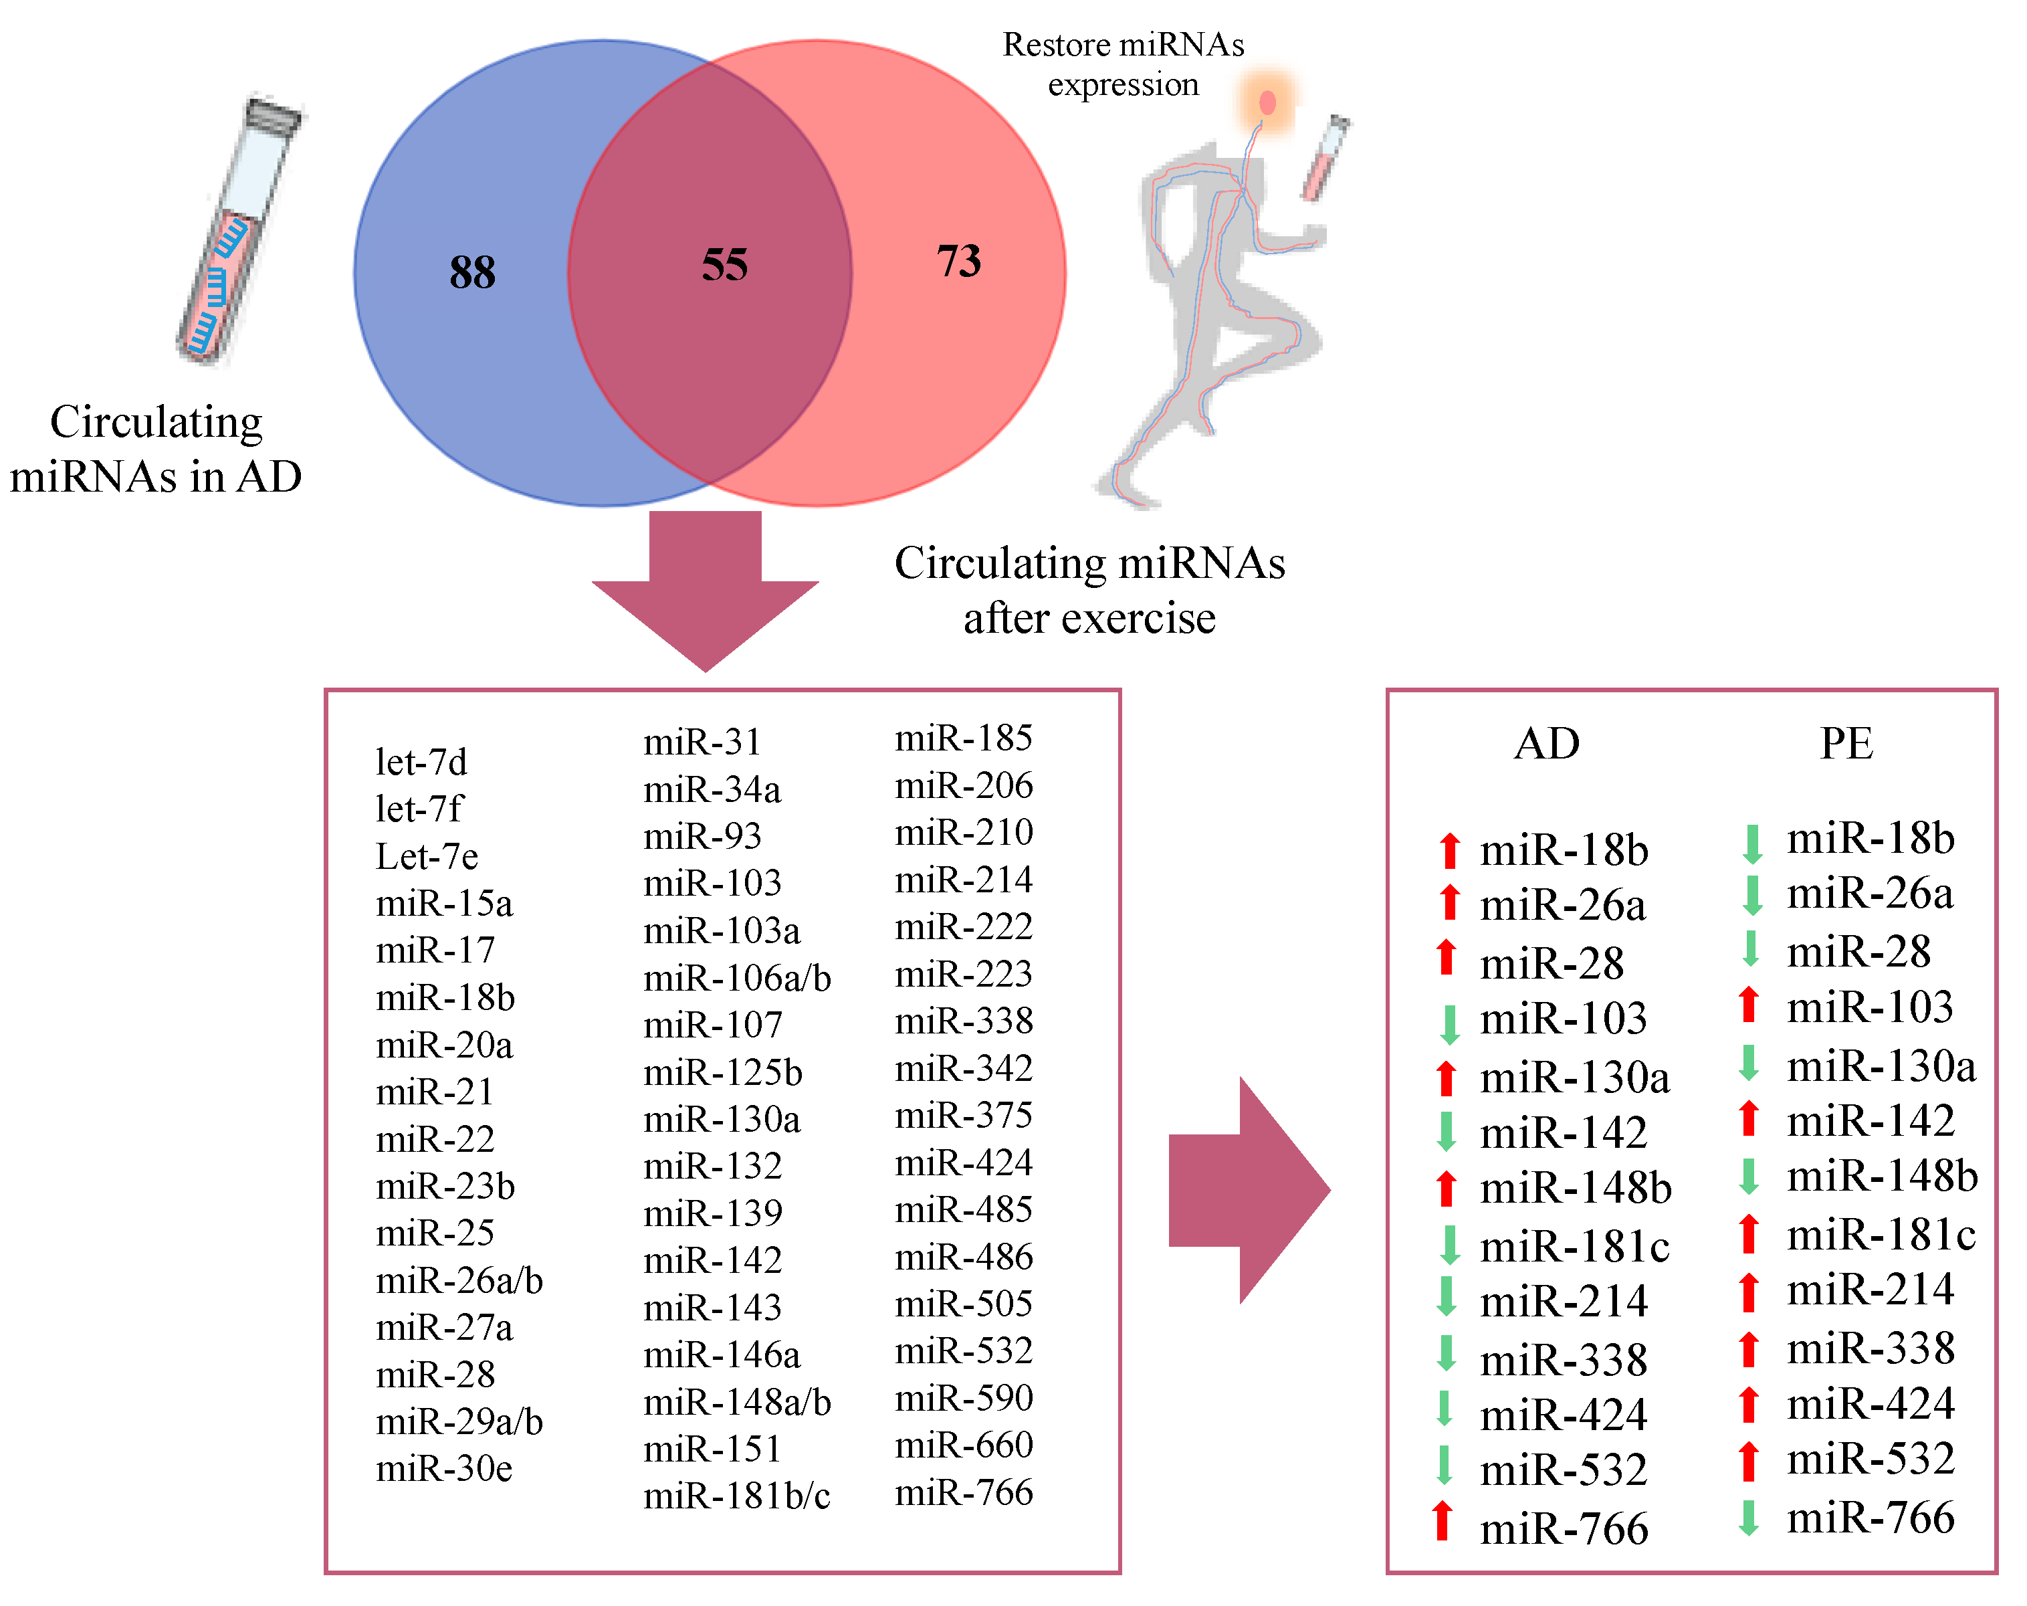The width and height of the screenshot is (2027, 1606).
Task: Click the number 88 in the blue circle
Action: click(472, 273)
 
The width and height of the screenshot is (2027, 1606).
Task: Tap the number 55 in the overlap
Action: click(724, 265)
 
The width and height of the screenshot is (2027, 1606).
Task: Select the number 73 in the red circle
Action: click(958, 262)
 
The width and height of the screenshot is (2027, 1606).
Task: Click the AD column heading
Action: click(1547, 744)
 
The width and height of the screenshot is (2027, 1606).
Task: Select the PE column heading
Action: click(1846, 744)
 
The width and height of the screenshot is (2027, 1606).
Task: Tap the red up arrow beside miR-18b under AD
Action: click(1450, 850)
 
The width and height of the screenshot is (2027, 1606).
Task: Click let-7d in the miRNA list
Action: click(421, 763)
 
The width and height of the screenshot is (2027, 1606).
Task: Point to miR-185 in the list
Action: click(964, 738)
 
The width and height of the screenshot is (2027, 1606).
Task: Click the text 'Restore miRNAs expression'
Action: click(1124, 64)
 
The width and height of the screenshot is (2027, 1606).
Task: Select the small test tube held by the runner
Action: click(1325, 158)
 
